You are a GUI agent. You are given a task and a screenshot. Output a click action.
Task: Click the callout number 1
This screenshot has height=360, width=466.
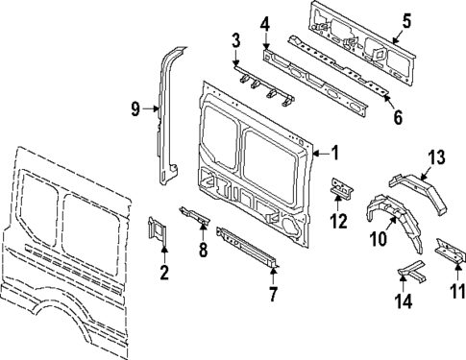point(334,152)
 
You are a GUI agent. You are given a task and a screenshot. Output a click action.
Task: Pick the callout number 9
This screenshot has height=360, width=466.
point(135,110)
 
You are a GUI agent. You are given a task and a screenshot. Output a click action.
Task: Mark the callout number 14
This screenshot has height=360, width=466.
point(405,301)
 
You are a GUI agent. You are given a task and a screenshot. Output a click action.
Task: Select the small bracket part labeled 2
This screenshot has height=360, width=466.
point(158,233)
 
